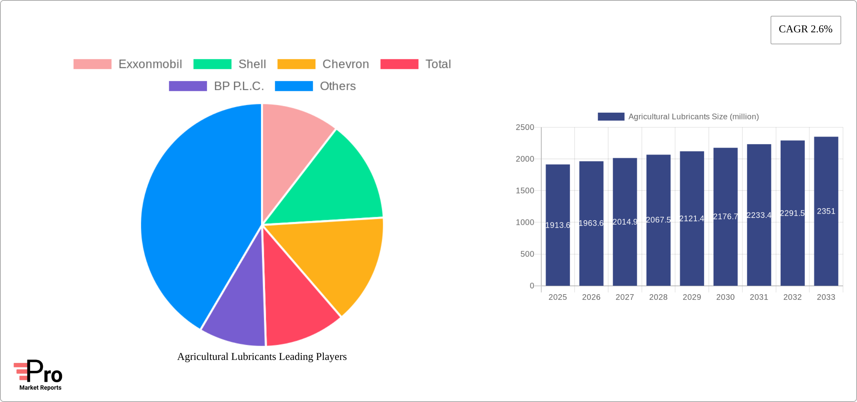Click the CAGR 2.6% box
tap(806, 30)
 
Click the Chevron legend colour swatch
tap(296, 64)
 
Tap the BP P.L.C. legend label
tap(239, 86)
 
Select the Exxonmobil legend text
tap(150, 64)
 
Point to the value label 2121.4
tap(692, 218)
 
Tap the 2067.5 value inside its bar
tap(658, 220)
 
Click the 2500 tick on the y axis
tap(525, 127)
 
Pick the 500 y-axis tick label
tap(527, 254)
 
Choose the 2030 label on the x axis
tap(725, 297)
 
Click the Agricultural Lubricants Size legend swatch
tap(611, 116)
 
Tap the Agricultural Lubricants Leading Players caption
tap(262, 357)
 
